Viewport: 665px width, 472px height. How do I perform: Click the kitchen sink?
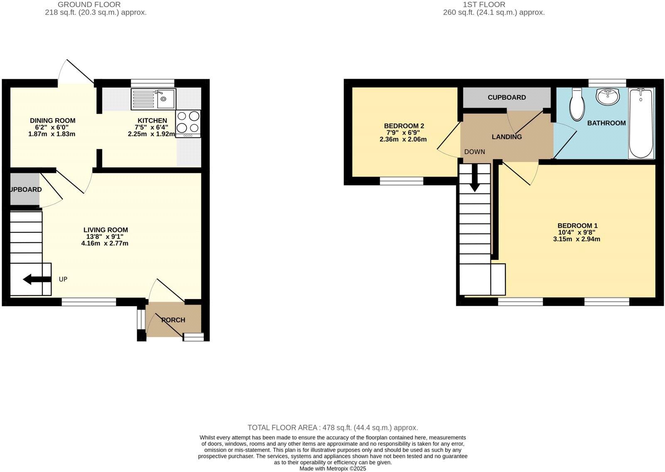[153, 99]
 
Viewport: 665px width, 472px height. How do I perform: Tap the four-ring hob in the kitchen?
[188, 123]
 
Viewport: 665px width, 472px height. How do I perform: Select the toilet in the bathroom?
[577, 104]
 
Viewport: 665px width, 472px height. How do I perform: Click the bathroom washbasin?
[608, 96]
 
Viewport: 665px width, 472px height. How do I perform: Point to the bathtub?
[641, 123]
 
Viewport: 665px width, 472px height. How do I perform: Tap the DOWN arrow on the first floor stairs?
[474, 182]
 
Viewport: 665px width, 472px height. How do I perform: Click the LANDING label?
[506, 137]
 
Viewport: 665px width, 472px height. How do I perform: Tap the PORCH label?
[173, 320]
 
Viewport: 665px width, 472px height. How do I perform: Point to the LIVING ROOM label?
[106, 230]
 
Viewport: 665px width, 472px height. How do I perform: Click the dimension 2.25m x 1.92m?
[151, 134]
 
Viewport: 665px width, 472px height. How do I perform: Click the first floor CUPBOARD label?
[506, 97]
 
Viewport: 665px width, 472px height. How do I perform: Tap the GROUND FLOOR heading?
[89, 5]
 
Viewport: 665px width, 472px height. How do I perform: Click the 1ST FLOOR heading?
[484, 5]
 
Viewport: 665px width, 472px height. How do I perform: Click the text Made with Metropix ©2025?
[332, 469]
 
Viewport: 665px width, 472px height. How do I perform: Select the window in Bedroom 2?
[401, 181]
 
